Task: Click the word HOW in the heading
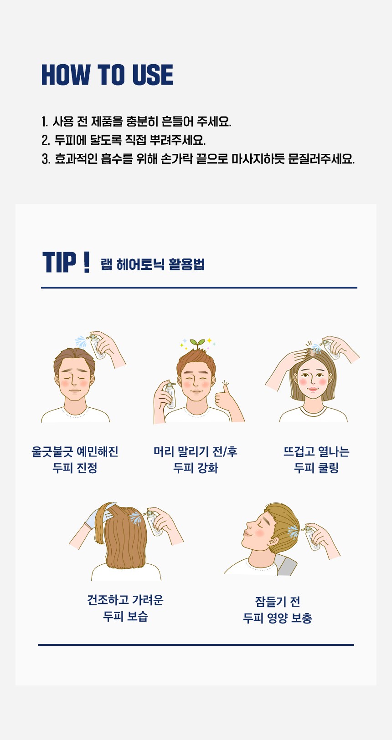pos(66,75)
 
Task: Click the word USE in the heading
pos(153,75)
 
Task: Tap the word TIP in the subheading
pos(59,262)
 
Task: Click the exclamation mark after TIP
pos(87,262)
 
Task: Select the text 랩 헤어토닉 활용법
pos(153,264)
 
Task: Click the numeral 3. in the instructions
pos(46,159)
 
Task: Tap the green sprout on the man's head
pos(198,343)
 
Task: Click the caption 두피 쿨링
pos(316,468)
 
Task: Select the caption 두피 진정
pos(75,468)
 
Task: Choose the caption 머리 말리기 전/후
pos(196,451)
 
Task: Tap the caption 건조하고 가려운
pos(125,600)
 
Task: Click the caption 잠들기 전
pos(278,602)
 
